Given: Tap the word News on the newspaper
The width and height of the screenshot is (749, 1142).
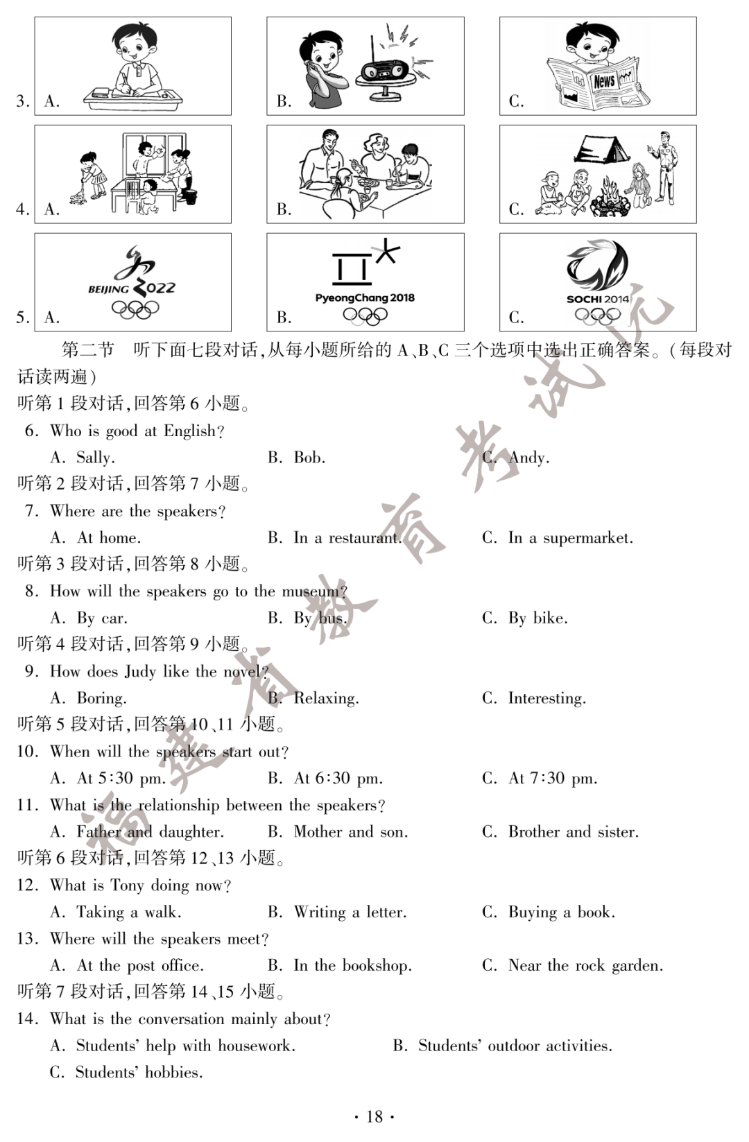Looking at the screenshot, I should pyautogui.click(x=604, y=81).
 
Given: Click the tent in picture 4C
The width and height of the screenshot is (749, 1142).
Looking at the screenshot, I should pyautogui.click(x=601, y=148).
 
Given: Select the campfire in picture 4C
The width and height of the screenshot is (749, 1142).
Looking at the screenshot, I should pyautogui.click(x=611, y=197).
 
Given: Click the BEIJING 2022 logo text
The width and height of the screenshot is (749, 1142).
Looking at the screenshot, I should pyautogui.click(x=132, y=288).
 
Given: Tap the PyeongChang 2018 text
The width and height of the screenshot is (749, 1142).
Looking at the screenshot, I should pyautogui.click(x=365, y=297).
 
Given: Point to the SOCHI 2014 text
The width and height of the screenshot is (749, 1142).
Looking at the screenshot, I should pyautogui.click(x=597, y=300).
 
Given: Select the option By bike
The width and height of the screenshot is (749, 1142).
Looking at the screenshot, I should pyautogui.click(x=537, y=618).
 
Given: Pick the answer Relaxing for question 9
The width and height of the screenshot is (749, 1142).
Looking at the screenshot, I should pyautogui.click(x=326, y=698).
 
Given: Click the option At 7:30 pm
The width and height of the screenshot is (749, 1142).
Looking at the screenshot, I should pyautogui.click(x=552, y=779).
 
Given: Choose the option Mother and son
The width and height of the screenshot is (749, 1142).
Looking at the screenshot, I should pyautogui.click(x=350, y=832).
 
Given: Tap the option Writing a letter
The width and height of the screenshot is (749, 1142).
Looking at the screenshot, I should pyautogui.click(x=350, y=912).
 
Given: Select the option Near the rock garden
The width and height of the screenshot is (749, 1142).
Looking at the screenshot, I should pyautogui.click(x=585, y=966).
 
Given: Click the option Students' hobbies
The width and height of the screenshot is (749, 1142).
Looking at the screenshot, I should pyautogui.click(x=139, y=1073).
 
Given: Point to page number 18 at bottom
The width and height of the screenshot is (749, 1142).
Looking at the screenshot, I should pyautogui.click(x=374, y=1116).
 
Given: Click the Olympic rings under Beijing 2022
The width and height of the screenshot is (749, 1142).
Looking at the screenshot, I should pyautogui.click(x=135, y=309).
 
